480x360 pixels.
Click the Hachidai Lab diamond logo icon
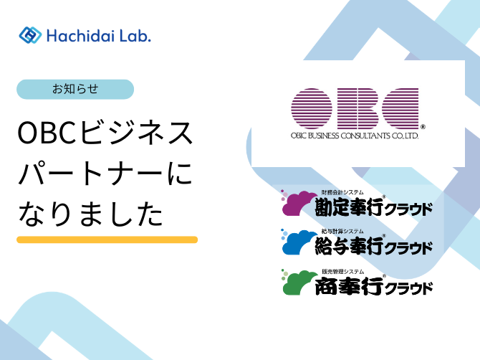[30, 35]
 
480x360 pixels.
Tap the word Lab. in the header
[135, 36]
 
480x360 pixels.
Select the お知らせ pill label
[75, 89]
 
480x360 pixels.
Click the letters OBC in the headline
[47, 133]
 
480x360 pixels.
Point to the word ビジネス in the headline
[135, 133]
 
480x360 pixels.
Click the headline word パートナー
[90, 174]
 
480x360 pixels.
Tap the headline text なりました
[90, 214]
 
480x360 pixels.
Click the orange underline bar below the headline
[107, 240]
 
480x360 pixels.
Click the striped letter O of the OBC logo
[312, 108]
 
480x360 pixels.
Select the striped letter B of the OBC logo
[357, 108]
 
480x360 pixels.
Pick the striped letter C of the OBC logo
[400, 108]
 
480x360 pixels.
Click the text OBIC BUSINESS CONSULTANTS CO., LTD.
[355, 136]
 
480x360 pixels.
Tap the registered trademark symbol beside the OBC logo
[423, 126]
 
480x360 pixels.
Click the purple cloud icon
[299, 202]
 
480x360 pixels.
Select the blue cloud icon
[299, 242]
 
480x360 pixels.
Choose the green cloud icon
[299, 282]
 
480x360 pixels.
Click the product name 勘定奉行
[349, 207]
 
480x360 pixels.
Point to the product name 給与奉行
[349, 246]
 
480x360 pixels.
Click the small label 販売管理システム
[343, 272]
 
